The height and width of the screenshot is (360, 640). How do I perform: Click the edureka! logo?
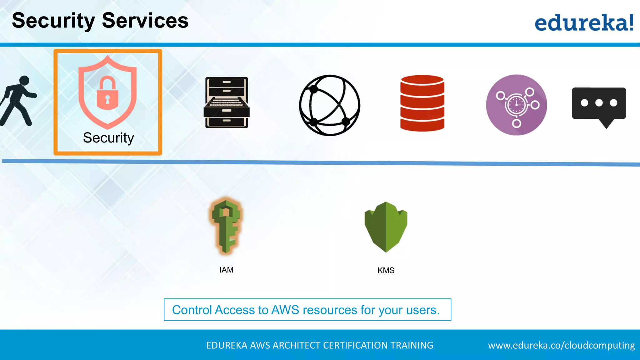point(584,23)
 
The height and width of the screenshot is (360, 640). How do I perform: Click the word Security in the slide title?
point(53,21)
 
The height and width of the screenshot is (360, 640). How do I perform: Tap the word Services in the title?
point(145,21)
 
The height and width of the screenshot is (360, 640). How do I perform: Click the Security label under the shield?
point(108,138)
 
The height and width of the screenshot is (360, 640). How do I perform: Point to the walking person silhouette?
point(18,101)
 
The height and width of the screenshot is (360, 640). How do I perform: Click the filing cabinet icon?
point(227,102)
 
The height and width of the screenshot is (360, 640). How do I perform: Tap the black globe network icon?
point(329,105)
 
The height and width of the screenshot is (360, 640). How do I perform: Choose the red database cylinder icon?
point(422,103)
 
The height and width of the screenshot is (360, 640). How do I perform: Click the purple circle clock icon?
point(516,105)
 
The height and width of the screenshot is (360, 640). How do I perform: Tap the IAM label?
point(226,270)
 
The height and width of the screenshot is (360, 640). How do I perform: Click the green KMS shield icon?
point(386,227)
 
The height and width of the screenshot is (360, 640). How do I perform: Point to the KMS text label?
point(386,270)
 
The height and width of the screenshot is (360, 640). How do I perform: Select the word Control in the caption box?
point(192,310)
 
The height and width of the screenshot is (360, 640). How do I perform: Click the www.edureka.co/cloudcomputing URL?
point(561,345)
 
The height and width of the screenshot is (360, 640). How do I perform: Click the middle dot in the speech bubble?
point(599,103)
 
